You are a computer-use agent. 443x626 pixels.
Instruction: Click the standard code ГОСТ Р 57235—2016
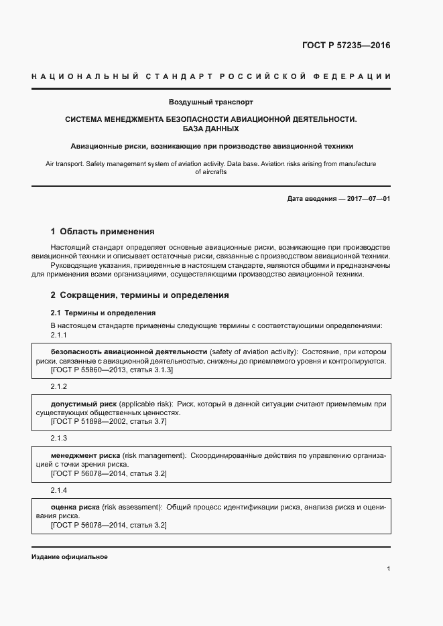(x=346, y=46)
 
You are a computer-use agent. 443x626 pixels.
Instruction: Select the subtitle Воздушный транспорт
(x=210, y=102)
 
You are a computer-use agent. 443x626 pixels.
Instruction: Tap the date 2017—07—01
(x=369, y=199)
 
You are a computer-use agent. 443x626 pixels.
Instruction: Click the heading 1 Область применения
(x=103, y=232)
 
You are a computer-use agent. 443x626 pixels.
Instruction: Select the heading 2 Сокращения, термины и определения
(x=139, y=295)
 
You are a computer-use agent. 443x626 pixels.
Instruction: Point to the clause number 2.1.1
(x=59, y=335)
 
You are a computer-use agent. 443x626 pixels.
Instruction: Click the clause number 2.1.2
(x=59, y=387)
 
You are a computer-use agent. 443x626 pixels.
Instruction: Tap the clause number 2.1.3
(x=59, y=438)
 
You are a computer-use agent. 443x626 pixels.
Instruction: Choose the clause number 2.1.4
(x=59, y=490)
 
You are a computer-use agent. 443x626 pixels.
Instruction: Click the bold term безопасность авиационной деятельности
(x=129, y=351)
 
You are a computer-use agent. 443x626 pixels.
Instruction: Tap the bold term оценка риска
(x=75, y=507)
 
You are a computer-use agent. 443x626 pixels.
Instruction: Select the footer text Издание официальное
(x=70, y=557)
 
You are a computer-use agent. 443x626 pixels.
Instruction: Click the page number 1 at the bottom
(x=389, y=568)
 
